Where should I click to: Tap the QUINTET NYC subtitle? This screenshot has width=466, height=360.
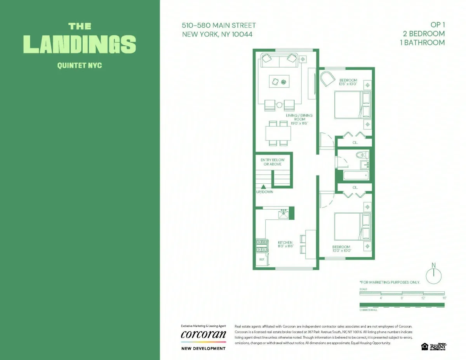(x=80, y=65)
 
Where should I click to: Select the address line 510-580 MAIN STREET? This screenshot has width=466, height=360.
(x=219, y=26)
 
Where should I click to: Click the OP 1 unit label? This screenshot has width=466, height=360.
(x=437, y=25)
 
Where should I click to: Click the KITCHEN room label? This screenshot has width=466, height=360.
(x=285, y=244)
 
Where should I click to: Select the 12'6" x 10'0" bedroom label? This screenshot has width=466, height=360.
(x=348, y=82)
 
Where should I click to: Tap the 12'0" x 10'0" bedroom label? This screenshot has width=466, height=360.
(x=341, y=249)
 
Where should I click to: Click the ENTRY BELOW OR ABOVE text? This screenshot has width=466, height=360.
(x=272, y=162)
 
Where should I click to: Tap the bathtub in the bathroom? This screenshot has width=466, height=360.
(x=356, y=176)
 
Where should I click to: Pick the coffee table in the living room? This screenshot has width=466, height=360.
(x=279, y=81)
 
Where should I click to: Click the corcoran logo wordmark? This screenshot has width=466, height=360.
(x=203, y=335)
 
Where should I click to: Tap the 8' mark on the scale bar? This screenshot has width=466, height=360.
(x=402, y=297)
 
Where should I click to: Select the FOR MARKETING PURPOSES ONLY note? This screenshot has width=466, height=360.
(x=390, y=282)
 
